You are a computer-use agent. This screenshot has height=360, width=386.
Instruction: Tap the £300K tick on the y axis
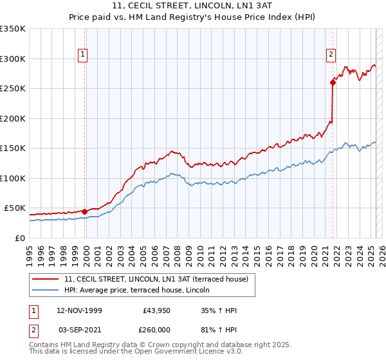pos(13,59)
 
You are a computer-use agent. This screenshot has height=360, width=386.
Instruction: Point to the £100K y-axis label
pos(13,178)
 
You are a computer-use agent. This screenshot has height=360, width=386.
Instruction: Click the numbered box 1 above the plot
pos(84,55)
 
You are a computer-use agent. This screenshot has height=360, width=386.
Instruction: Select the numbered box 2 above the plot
pos(331,55)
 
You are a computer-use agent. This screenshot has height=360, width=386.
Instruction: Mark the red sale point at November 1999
pos(85,212)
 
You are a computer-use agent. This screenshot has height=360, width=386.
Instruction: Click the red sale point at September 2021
pos(333,82)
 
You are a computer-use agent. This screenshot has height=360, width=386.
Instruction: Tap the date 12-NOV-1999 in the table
pos(79,311)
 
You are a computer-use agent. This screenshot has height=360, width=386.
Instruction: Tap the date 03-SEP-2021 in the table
pos(79,329)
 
